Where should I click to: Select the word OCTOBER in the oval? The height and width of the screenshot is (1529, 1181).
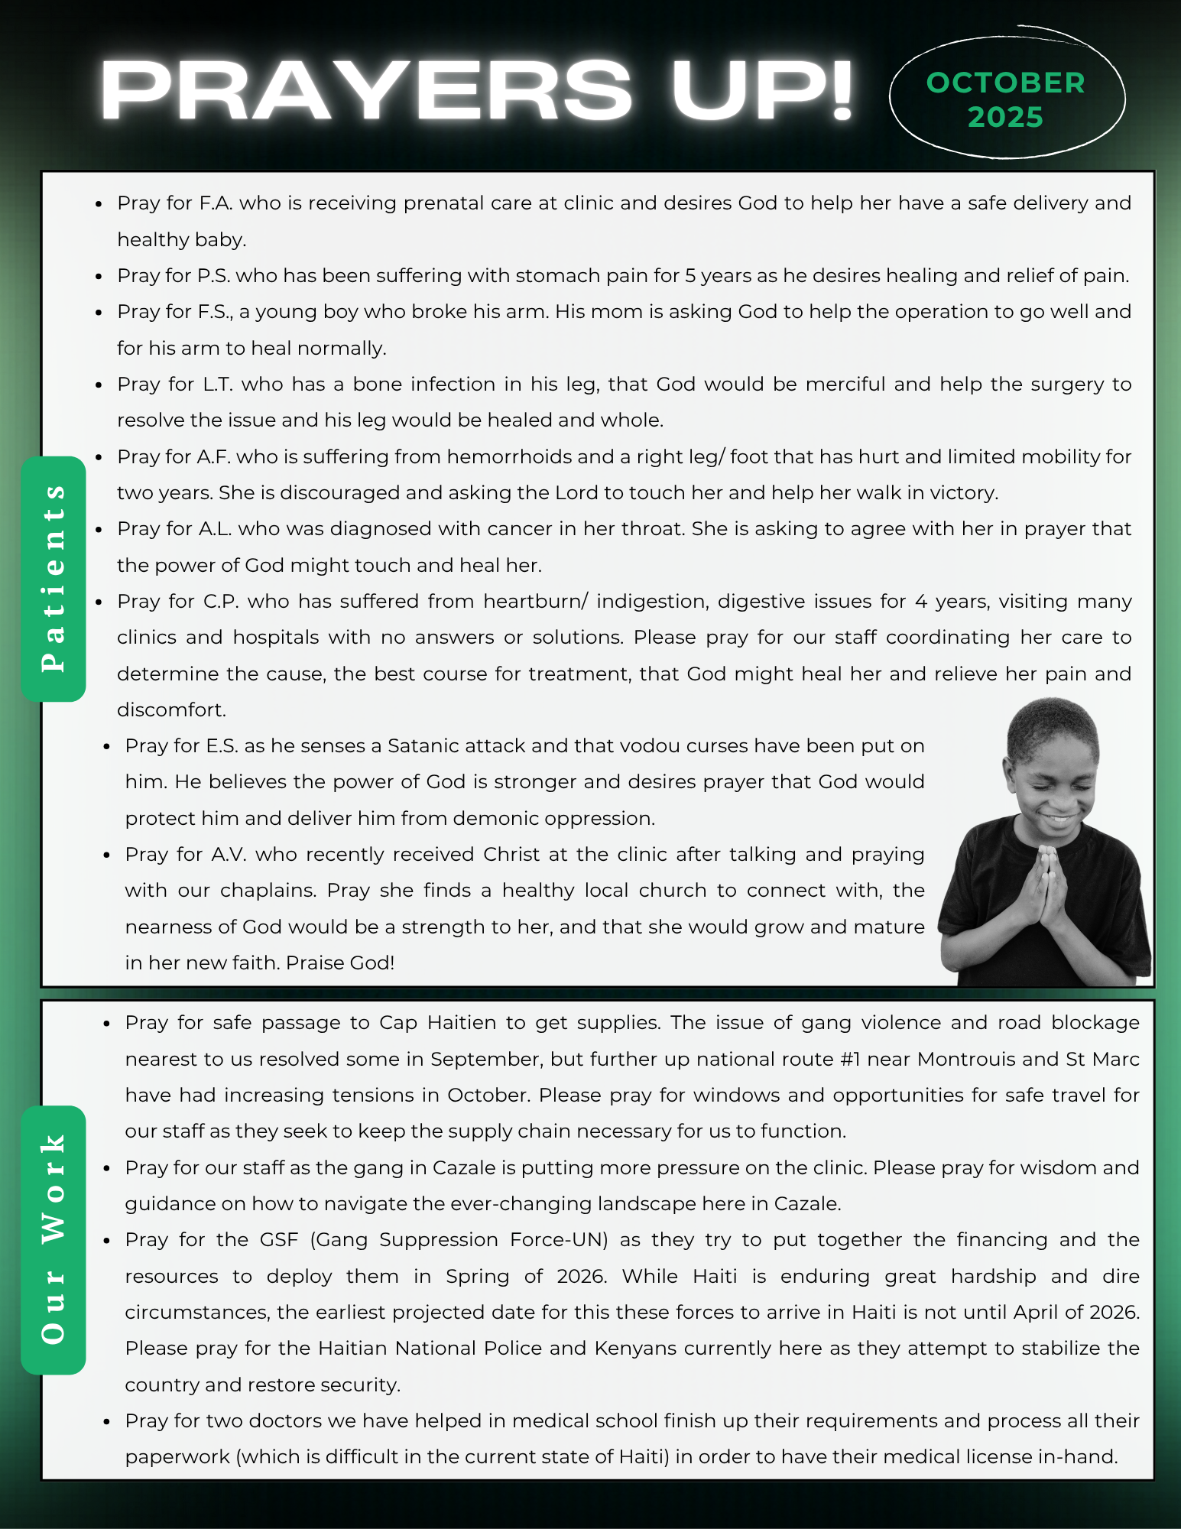1005,83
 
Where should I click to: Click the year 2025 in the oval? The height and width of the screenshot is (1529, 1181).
1005,117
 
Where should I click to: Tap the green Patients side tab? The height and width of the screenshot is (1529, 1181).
54,579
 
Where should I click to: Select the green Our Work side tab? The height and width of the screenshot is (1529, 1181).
54,1239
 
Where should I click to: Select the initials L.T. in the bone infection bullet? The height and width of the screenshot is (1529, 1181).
217,384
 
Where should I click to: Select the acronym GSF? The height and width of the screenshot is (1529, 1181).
279,1239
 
